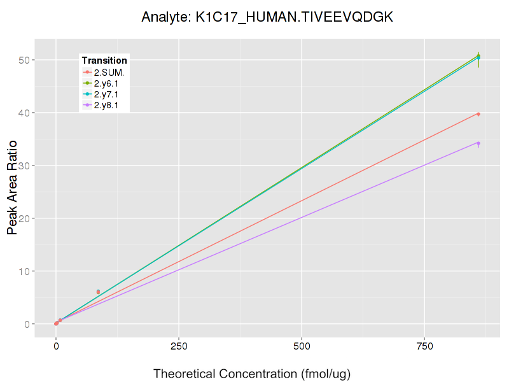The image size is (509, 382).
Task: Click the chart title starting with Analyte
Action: pos(267,17)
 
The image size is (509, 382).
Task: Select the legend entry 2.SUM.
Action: pos(109,73)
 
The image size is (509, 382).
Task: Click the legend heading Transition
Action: pos(104,60)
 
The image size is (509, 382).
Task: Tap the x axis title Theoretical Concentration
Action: pos(252,373)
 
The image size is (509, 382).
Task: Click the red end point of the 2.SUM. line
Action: pos(478,114)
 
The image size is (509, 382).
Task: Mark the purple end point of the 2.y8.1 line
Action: pos(478,143)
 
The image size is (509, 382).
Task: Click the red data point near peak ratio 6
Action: pos(98,292)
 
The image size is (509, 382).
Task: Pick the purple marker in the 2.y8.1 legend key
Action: pos(87,105)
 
